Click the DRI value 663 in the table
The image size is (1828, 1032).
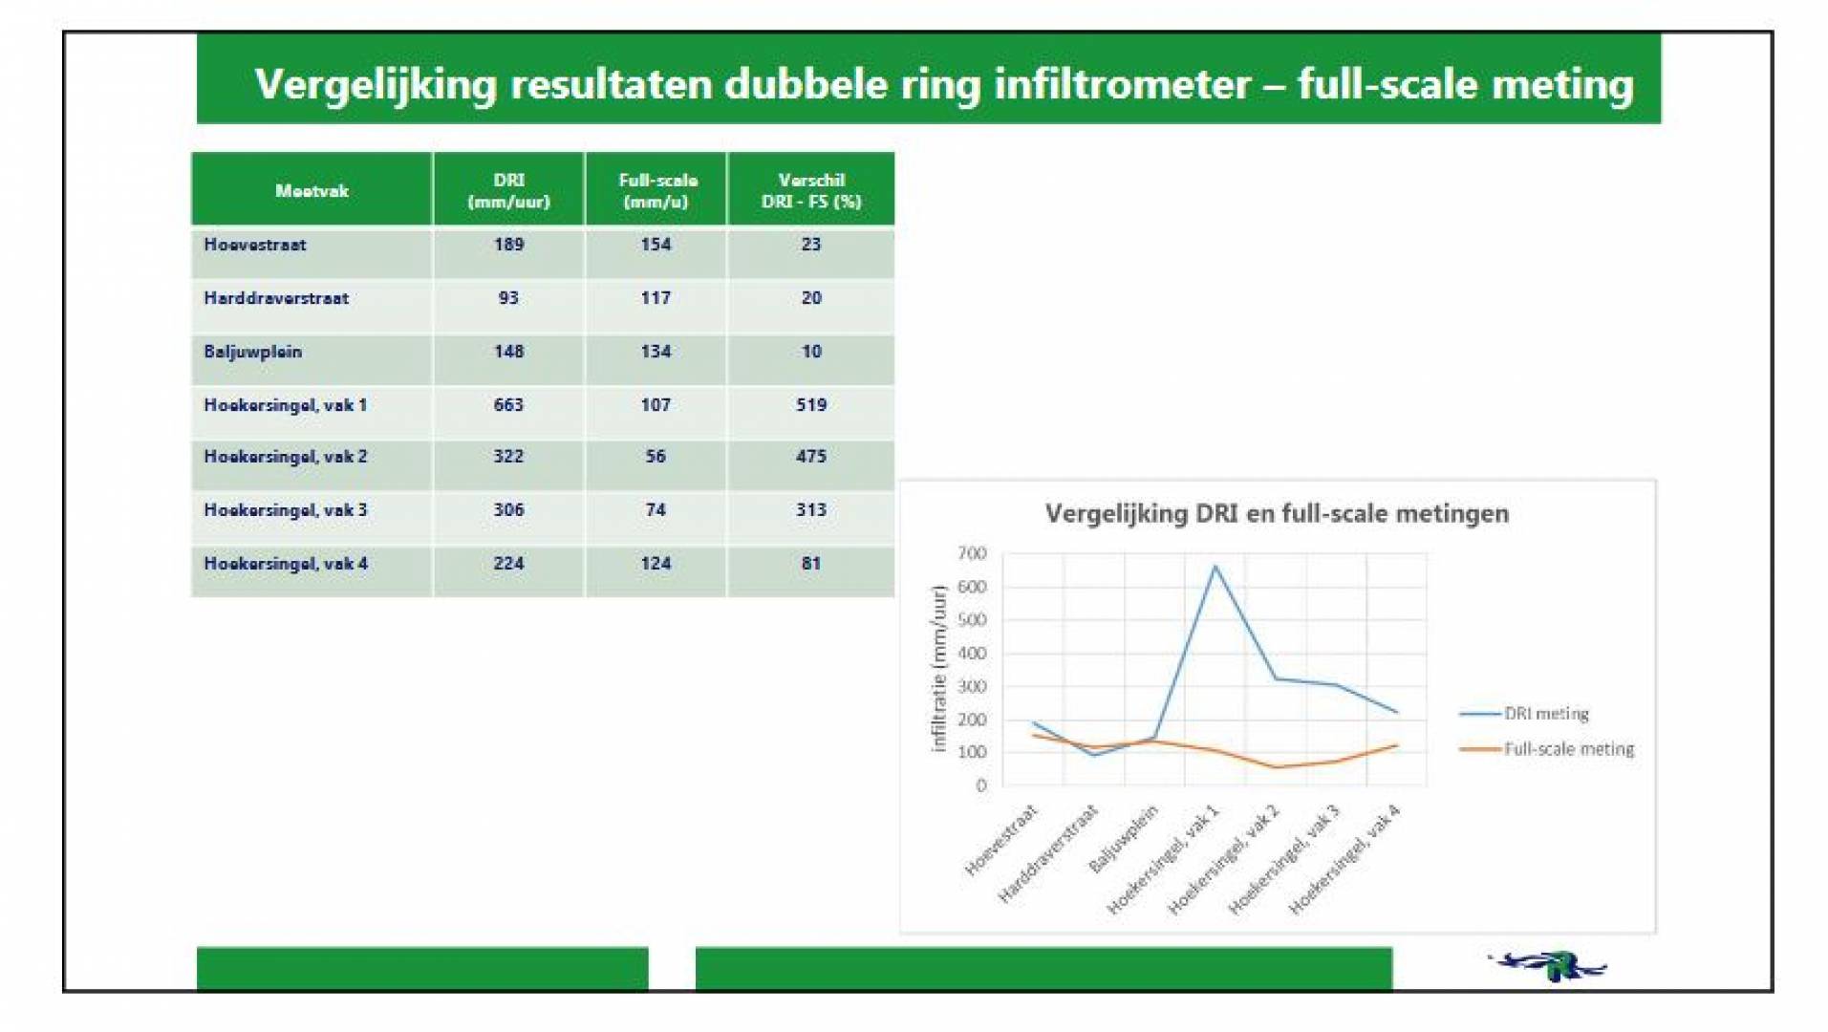[x=508, y=405]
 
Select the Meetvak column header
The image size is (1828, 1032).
[x=312, y=191]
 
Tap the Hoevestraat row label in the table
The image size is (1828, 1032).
[x=255, y=245]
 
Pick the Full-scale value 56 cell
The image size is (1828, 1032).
[x=656, y=457]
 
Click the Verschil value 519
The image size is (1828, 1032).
[x=811, y=405]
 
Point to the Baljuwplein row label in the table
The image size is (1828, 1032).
[x=252, y=352]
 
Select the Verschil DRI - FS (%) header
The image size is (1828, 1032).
[x=811, y=190]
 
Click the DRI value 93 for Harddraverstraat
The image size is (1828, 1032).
[x=508, y=298]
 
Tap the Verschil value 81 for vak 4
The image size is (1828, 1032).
[x=811, y=564]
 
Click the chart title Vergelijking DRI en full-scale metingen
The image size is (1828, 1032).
[x=1277, y=514]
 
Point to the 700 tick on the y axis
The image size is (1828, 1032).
[x=972, y=553]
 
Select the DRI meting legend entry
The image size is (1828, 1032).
[x=1524, y=714]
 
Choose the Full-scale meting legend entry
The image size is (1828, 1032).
[x=1547, y=749]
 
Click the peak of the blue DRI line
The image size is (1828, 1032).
[x=1215, y=566]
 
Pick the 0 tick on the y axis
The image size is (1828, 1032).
[x=981, y=785]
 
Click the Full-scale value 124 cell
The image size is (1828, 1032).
[x=656, y=564]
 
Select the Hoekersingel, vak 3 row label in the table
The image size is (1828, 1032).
[x=285, y=510]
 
